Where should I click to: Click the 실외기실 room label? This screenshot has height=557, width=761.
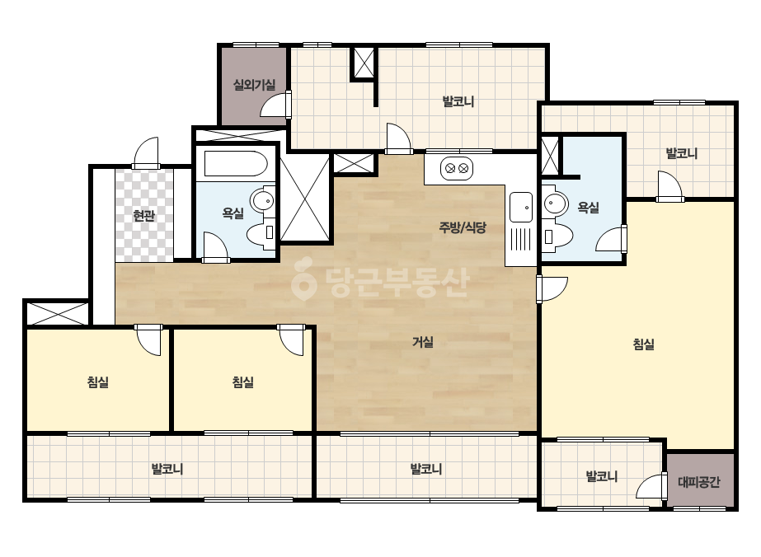coord(254,86)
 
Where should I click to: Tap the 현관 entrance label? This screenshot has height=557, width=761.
coord(143,215)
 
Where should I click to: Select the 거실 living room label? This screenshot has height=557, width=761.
coord(423,342)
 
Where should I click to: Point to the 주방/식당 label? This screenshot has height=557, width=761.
coord(463,227)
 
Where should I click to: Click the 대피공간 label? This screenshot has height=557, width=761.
coord(699,482)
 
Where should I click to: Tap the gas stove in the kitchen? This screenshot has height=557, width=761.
coord(457,168)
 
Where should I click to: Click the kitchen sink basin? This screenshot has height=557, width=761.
coord(521,208)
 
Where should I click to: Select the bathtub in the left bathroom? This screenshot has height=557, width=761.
coord(235,164)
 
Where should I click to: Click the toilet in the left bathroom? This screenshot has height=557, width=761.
coord(261,233)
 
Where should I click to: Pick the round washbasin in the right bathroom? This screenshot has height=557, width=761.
coord(555,203)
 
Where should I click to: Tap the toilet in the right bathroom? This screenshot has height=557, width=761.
coord(557,236)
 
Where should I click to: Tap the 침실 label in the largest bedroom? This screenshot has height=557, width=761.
coord(644,344)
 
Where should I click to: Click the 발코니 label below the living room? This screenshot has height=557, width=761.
coord(426,469)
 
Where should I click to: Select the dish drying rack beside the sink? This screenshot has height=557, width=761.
coord(521,239)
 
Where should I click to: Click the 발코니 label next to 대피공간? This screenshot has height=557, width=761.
coord(602,476)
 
